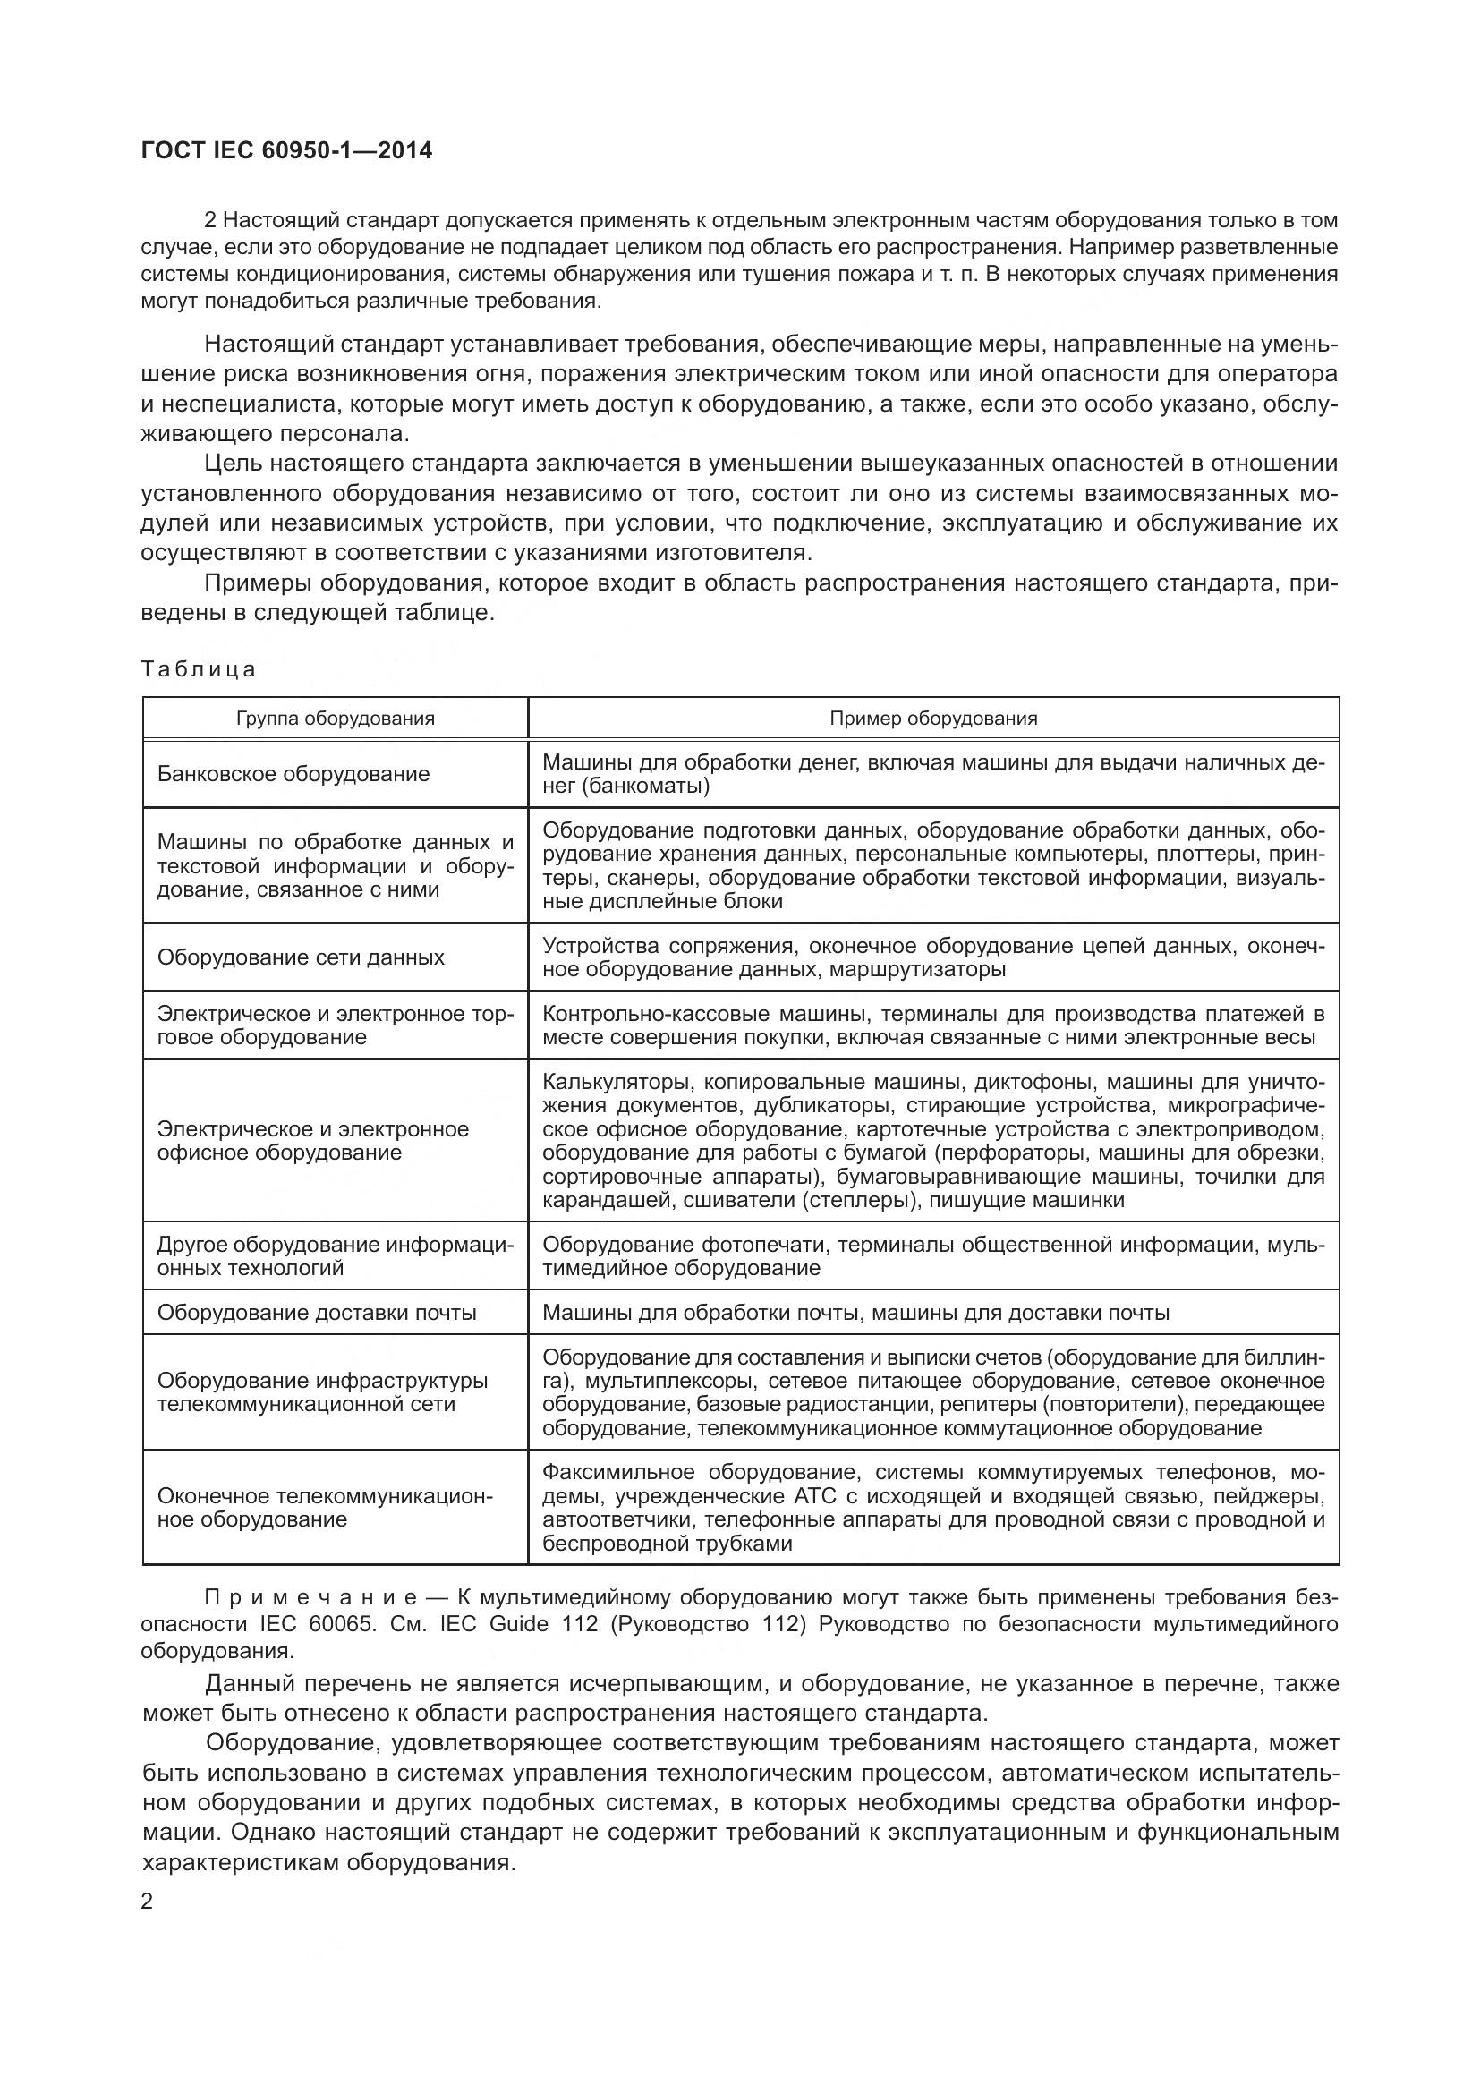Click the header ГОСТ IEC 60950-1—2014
287,151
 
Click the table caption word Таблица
199,670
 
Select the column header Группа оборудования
336,719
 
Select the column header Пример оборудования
933,719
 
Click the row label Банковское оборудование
293,774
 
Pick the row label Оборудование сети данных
301,957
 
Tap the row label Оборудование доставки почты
317,1313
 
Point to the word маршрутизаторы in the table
918,969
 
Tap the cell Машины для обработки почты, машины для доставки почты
855,1313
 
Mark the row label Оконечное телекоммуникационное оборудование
325,1508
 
